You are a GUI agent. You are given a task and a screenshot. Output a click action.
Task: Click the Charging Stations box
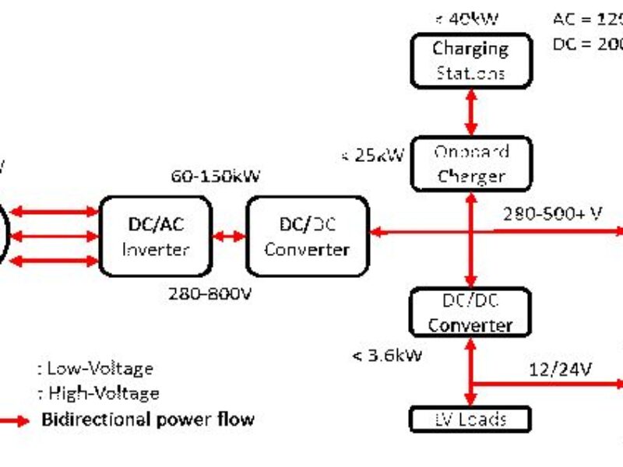click(x=471, y=60)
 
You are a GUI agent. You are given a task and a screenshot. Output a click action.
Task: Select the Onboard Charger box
click(x=471, y=164)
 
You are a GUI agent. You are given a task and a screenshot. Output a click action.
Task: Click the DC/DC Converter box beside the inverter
click(x=307, y=237)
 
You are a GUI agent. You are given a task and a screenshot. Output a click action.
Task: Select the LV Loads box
click(x=470, y=420)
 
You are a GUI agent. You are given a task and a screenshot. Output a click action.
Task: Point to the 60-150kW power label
click(x=215, y=176)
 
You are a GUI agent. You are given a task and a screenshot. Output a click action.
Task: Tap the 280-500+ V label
click(x=552, y=213)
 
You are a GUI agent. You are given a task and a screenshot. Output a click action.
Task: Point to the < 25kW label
click(x=372, y=155)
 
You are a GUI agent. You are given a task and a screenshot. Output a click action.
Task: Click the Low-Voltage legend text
click(x=96, y=368)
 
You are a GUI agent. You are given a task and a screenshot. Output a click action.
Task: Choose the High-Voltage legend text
click(x=98, y=393)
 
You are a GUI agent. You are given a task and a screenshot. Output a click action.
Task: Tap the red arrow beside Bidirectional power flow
click(x=14, y=420)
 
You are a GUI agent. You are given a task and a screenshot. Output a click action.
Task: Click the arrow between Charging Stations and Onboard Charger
click(x=470, y=112)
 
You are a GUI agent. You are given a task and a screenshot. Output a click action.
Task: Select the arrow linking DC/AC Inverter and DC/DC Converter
click(x=229, y=237)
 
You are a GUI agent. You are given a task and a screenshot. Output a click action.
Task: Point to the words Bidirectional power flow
click(x=147, y=420)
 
